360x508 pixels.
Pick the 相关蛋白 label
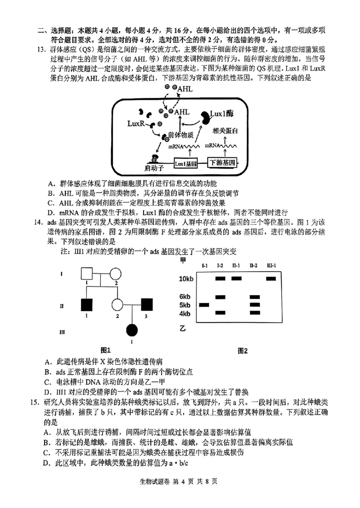pyautogui.click(x=225, y=130)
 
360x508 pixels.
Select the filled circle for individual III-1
pyautogui.click(x=131, y=331)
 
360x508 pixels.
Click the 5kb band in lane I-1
pyautogui.click(x=204, y=305)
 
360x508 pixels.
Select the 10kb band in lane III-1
pyautogui.click(x=270, y=279)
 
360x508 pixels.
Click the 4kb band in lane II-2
pyautogui.click(x=254, y=313)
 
